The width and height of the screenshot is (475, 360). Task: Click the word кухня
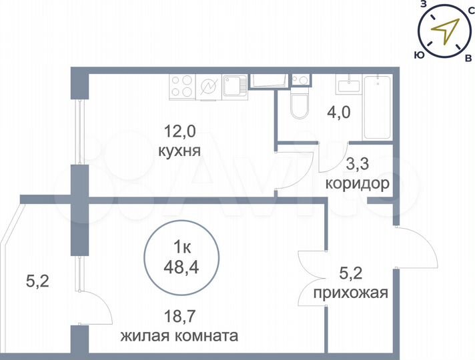(x=179, y=150)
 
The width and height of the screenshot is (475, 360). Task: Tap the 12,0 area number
(x=179, y=132)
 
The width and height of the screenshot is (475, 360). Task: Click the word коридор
(x=357, y=185)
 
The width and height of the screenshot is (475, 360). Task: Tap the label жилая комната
(x=179, y=337)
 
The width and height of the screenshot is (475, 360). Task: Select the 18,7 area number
(x=179, y=318)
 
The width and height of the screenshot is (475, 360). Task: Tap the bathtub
(x=378, y=107)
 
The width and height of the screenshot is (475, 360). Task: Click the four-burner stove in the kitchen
(x=183, y=87)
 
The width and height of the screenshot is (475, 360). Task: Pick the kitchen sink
(x=235, y=86)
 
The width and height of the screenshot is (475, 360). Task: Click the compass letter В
(x=468, y=58)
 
